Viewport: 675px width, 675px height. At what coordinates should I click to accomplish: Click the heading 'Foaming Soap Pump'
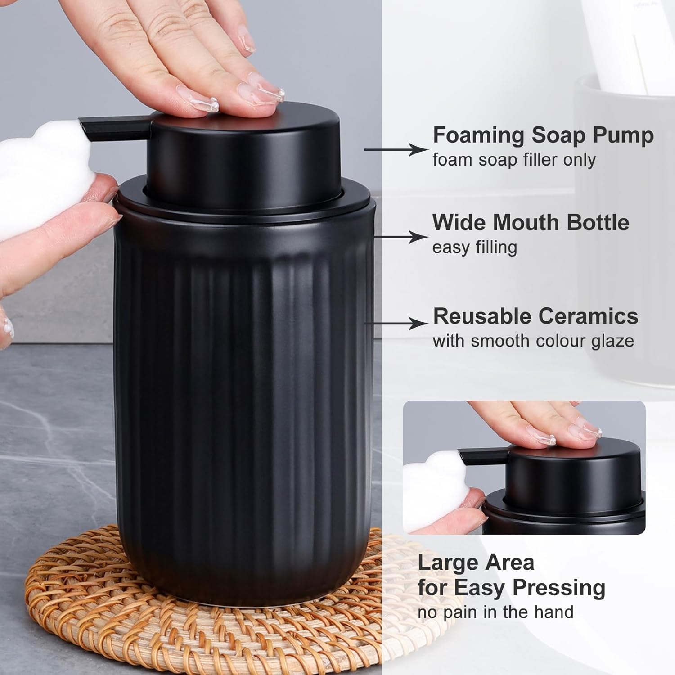coord(543,135)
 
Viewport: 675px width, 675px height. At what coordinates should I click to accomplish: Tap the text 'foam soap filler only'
coord(514,160)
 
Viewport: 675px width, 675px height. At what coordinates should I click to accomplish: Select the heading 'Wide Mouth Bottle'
coord(531,222)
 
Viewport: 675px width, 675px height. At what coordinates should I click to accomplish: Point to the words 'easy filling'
coord(474,247)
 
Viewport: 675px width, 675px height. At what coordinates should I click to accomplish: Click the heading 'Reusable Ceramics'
coord(535,316)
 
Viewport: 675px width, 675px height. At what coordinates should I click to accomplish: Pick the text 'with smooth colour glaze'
coord(533,341)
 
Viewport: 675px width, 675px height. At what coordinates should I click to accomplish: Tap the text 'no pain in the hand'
coord(495,612)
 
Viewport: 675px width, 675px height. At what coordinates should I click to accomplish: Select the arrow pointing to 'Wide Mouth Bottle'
coord(400,237)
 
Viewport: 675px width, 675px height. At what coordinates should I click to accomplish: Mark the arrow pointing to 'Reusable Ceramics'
coord(396,323)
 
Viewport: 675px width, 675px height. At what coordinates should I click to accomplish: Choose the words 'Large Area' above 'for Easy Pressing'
coord(476,562)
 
